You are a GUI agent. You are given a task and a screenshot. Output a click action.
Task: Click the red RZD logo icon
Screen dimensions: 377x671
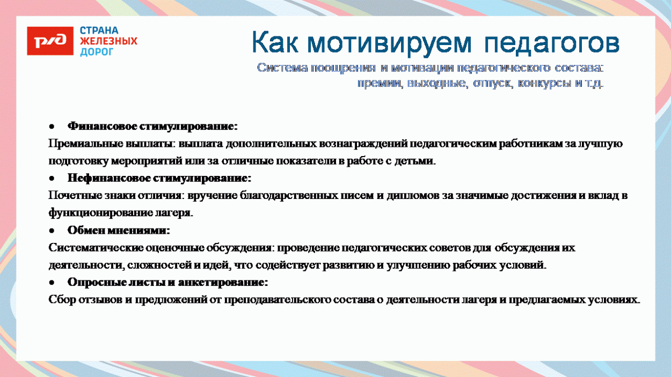tap(50, 41)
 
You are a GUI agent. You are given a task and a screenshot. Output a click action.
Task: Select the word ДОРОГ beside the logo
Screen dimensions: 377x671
tap(97, 52)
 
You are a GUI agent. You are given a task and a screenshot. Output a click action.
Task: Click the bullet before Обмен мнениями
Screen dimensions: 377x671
tap(52, 231)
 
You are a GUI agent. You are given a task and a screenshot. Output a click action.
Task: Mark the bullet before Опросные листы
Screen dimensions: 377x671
tap(52, 282)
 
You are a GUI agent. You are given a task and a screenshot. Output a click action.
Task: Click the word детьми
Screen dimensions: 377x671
tap(417, 161)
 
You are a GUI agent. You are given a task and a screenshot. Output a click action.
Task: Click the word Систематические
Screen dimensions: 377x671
tap(95, 248)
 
